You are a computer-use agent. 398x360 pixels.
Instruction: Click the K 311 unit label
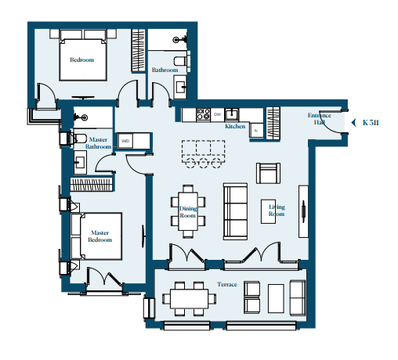click(x=371, y=123)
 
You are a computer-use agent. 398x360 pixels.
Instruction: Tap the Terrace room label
click(x=227, y=284)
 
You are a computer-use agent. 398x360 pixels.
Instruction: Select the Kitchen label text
click(x=235, y=126)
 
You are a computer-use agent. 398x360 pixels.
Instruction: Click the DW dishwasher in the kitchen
click(x=217, y=114)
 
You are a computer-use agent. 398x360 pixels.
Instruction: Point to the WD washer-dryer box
click(x=125, y=141)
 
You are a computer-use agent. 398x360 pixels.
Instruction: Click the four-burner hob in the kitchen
click(x=204, y=114)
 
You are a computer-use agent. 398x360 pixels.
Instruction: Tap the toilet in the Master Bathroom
click(x=78, y=138)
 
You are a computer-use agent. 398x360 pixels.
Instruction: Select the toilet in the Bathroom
click(x=181, y=61)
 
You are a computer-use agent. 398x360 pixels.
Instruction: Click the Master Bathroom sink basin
click(x=80, y=162)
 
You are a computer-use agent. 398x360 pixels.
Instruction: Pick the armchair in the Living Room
click(x=268, y=173)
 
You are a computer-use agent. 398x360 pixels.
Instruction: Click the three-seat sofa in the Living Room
click(x=235, y=211)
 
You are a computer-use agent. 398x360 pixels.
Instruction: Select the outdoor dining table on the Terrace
click(x=190, y=299)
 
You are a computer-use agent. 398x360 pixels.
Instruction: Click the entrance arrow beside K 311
click(x=354, y=123)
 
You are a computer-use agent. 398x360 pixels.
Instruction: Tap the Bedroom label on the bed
click(x=82, y=59)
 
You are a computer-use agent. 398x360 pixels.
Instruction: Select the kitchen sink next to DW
click(x=232, y=114)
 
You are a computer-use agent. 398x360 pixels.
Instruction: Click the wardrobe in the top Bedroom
click(x=138, y=50)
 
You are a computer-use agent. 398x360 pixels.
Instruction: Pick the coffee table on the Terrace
click(x=276, y=298)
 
